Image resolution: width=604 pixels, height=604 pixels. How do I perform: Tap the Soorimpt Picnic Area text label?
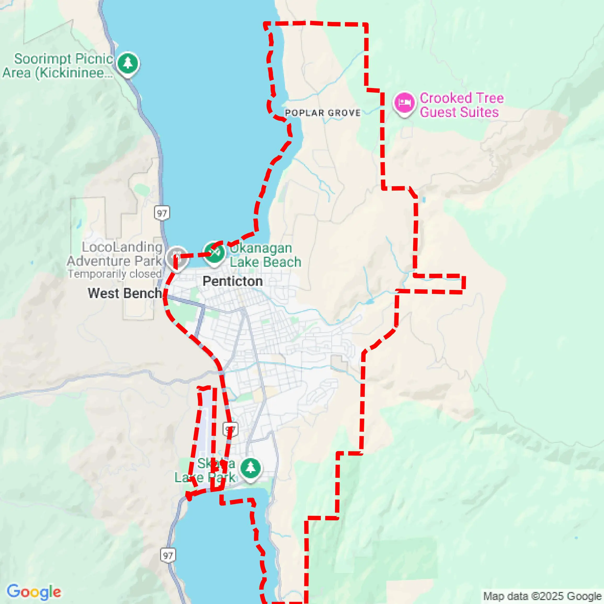pos(58,66)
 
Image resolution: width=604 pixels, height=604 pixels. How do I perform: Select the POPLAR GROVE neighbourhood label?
pos(323,113)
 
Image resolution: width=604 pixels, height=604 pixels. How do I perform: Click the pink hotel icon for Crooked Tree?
pos(404,102)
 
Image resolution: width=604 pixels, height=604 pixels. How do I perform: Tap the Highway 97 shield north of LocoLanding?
pos(162,213)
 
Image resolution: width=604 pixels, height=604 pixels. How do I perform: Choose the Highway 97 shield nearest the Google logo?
pos(168,555)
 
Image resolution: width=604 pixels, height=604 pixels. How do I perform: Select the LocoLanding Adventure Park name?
pos(115,254)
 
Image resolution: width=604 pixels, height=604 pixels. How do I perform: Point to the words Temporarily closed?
pos(115,274)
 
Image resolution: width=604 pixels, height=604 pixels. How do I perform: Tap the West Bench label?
pos(124,293)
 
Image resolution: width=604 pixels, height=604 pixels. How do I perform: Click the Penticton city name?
pos(233,281)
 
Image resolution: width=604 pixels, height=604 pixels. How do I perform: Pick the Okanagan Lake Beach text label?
pos(265,255)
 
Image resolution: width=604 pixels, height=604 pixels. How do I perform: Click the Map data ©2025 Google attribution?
pos(542,596)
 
